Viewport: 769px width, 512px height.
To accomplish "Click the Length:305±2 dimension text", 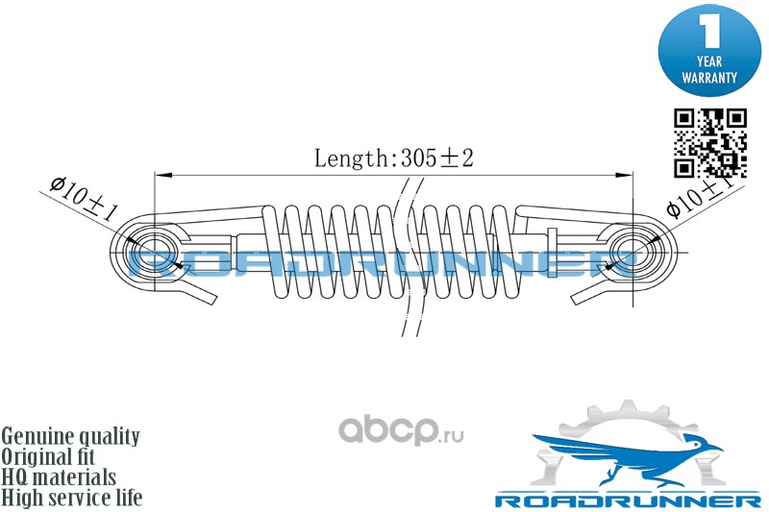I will click(x=394, y=158).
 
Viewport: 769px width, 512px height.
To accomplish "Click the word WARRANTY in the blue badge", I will click(x=709, y=75).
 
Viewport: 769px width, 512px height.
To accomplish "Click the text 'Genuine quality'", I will click(x=71, y=436).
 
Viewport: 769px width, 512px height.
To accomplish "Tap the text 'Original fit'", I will click(x=55, y=456).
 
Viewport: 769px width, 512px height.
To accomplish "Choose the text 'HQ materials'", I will click(x=59, y=476).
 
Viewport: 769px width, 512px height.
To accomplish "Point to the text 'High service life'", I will click(x=72, y=498).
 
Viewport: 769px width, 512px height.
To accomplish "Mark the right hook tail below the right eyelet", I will click(x=587, y=292).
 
